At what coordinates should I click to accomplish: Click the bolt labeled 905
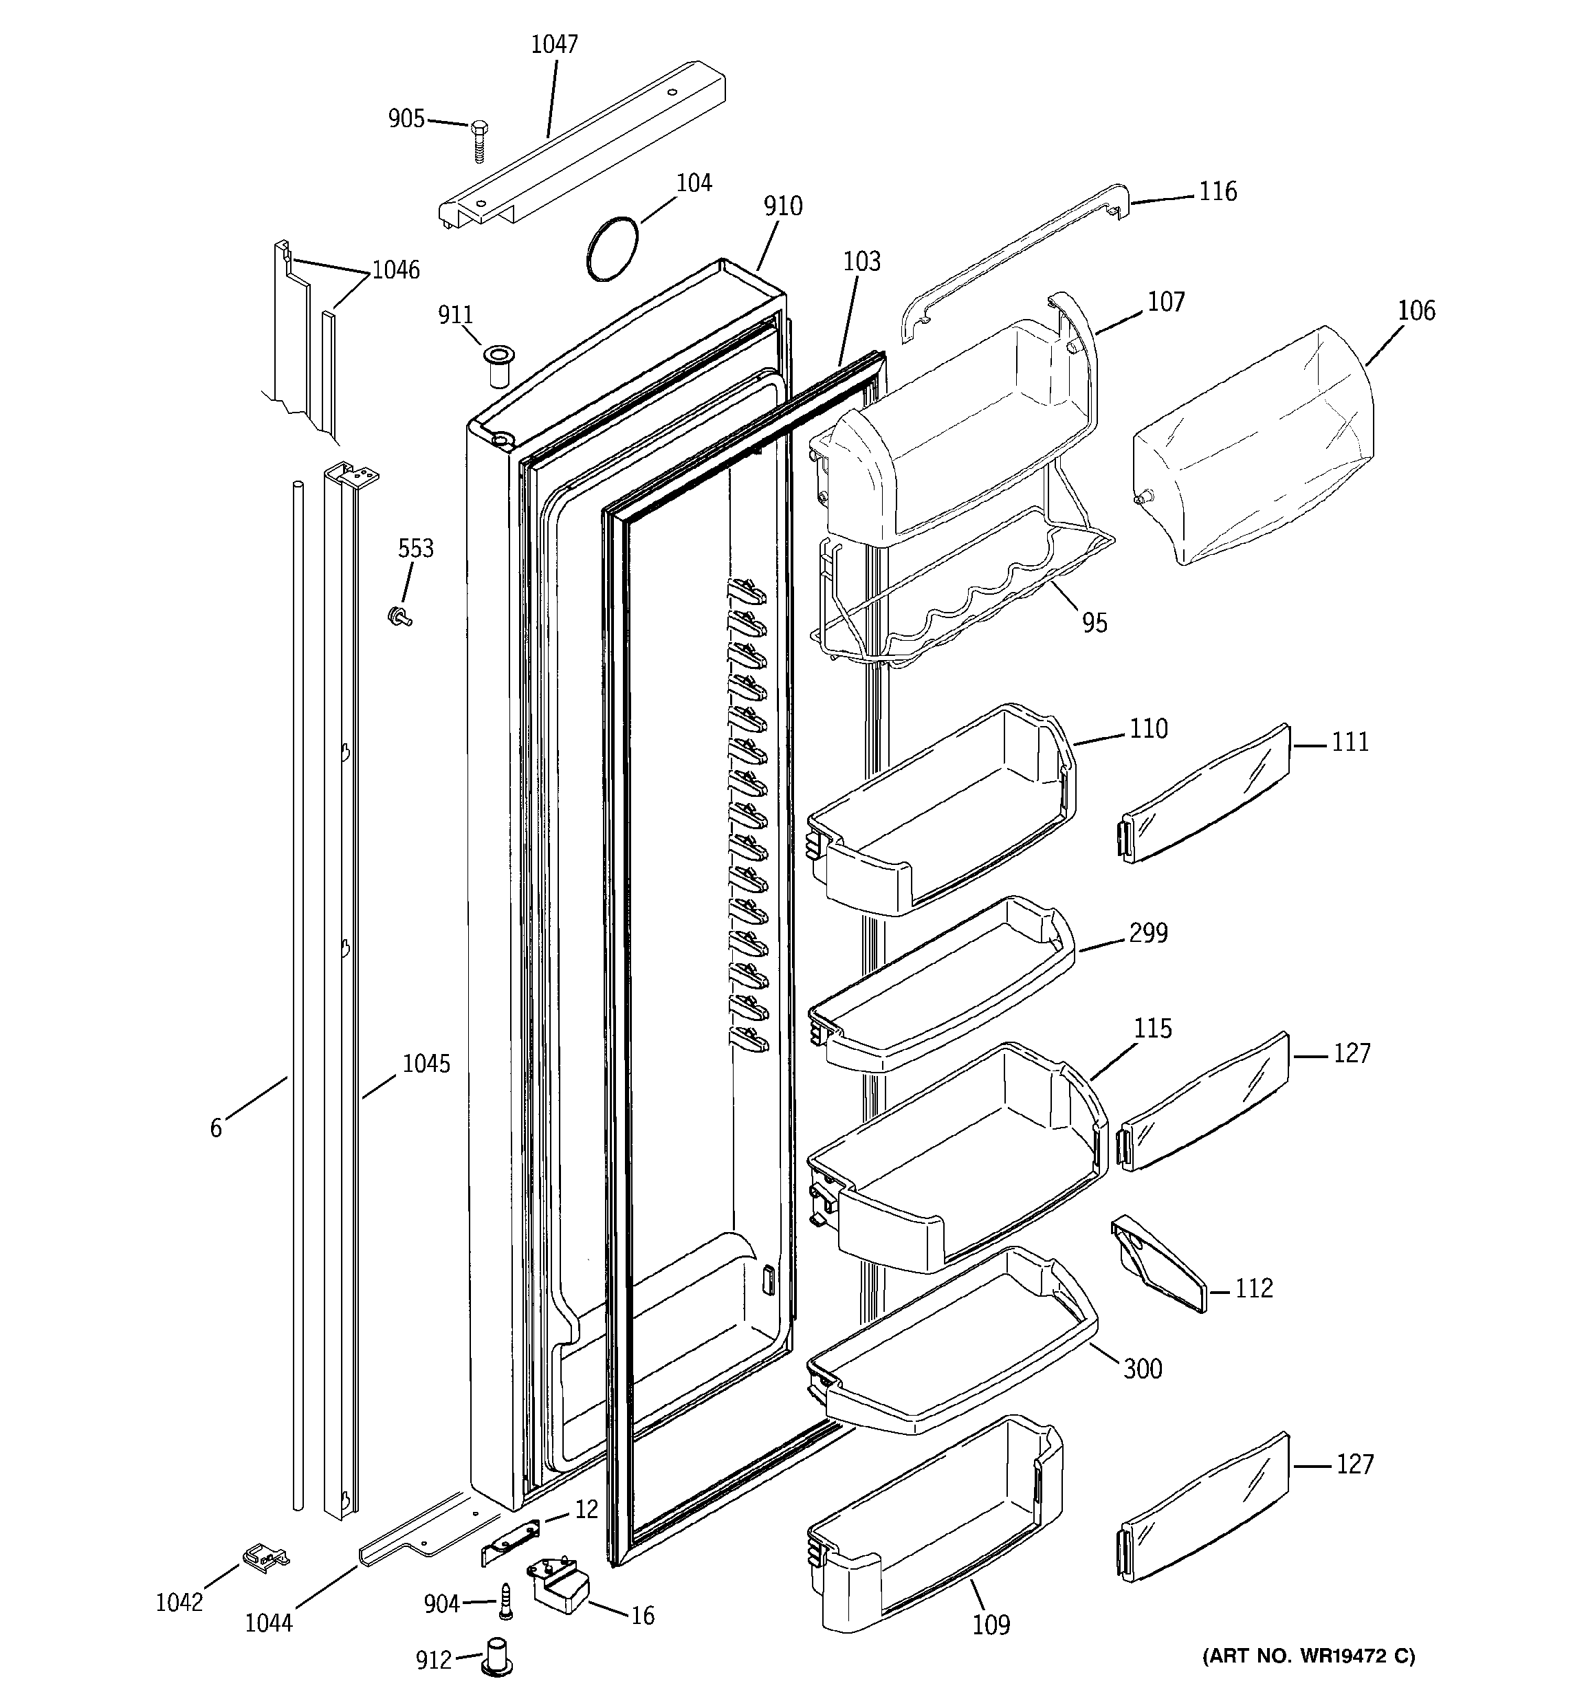pos(478,139)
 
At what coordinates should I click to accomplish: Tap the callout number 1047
pos(555,45)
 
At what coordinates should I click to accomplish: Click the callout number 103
pos(861,261)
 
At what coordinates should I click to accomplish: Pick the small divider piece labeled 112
pos(1159,1263)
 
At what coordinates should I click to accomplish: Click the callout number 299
pos(1147,932)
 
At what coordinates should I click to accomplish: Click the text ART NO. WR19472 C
pos(1308,1656)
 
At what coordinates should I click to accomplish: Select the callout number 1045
pos(426,1064)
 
